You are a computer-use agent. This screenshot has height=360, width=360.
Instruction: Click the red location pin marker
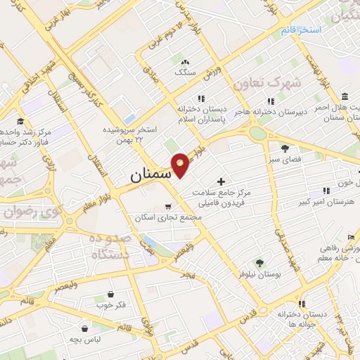[x=181, y=164]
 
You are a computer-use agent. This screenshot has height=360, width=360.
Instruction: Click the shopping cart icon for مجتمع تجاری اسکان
[x=167, y=207]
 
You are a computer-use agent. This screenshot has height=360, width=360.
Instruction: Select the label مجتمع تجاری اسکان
[x=172, y=217]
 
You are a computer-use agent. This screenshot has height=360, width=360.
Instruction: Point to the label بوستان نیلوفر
[x=260, y=276]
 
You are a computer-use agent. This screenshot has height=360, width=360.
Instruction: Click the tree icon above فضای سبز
[x=284, y=148]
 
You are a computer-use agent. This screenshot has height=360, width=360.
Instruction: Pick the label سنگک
[x=185, y=72]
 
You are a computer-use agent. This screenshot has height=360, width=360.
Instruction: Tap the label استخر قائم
[x=300, y=31]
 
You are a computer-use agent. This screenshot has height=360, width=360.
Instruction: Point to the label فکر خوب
[x=110, y=305]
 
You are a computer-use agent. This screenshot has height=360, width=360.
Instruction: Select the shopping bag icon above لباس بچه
[x=85, y=328]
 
